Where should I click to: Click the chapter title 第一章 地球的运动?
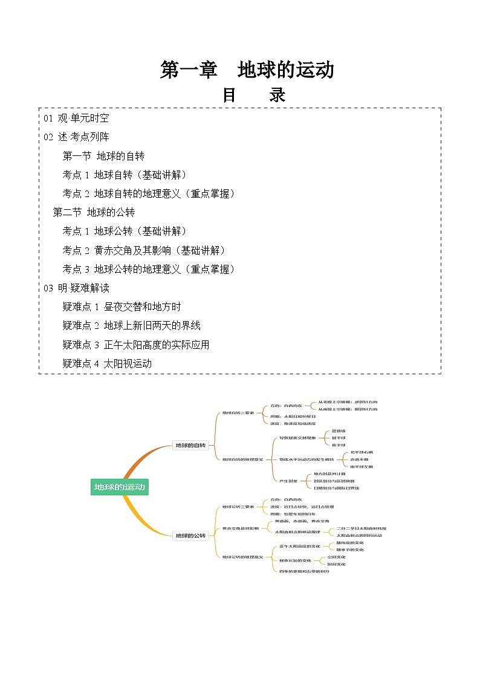(247, 70)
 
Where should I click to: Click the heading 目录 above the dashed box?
(253, 95)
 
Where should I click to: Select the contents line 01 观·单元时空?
(76, 119)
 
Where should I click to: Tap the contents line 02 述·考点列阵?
(76, 137)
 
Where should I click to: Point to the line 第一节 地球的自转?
(103, 156)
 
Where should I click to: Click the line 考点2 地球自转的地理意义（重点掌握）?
(149, 193)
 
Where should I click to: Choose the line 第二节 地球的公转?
(94, 212)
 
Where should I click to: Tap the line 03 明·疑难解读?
(76, 288)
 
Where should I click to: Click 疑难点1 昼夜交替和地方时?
(122, 307)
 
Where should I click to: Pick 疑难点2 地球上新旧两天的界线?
(131, 325)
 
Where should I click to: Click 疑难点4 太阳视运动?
(107, 363)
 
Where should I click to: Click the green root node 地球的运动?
(119, 487)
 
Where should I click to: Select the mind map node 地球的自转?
(190, 446)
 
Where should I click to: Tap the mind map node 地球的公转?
(190, 535)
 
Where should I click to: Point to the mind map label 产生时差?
(288, 481)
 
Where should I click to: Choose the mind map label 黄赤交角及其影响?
(241, 528)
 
